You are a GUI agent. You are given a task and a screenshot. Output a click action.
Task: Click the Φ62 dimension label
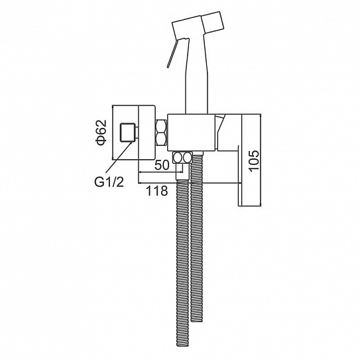[101, 133]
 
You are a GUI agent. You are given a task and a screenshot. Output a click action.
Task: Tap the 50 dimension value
[162, 164]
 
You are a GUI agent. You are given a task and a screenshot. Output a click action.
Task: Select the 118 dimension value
[157, 190]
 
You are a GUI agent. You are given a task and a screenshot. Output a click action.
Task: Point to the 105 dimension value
[254, 160]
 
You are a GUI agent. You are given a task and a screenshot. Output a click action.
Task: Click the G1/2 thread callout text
[109, 182]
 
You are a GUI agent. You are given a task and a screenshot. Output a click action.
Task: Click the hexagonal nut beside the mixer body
[162, 132]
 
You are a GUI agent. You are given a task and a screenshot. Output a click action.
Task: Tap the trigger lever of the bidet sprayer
[172, 54]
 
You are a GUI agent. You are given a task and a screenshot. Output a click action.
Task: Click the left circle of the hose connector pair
[178, 158]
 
